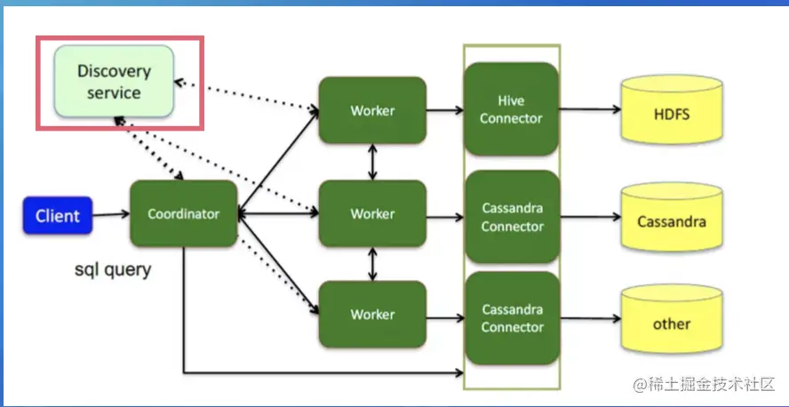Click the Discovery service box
tap(114, 82)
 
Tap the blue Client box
tap(58, 215)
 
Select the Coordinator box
tap(183, 214)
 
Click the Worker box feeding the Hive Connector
tap(372, 111)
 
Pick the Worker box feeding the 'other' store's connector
tap(372, 315)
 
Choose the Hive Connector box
tap(511, 111)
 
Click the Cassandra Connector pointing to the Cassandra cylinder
tap(512, 217)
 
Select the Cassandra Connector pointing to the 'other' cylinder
tap(512, 318)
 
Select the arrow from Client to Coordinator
tap(110, 215)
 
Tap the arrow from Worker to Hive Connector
tap(444, 111)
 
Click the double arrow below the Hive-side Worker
tap(372, 163)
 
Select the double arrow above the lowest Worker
tap(372, 264)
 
